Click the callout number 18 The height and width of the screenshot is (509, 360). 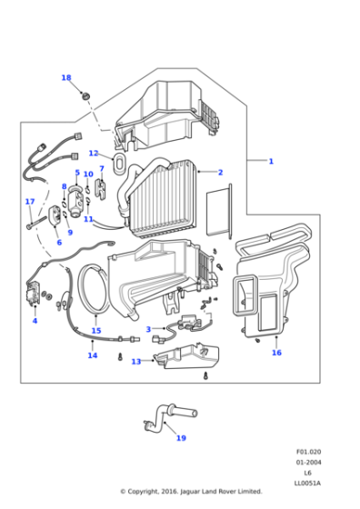pos(66,78)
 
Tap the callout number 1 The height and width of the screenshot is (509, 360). pos(271,161)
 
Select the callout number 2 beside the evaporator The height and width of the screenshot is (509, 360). pos(220,173)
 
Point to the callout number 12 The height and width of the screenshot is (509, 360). pos(94,154)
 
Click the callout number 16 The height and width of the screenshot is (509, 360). pos(276,353)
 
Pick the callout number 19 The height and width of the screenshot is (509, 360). pos(181,438)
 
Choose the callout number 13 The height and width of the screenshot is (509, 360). pos(136,362)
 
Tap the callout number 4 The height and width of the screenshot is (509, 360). pos(35,321)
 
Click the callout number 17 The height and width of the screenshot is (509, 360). pos(30,202)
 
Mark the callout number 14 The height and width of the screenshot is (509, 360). pos(93,355)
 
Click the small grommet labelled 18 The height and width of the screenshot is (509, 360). pos(85,96)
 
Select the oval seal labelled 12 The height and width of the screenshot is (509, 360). pos(119,163)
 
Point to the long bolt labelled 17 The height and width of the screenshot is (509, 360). pos(36,223)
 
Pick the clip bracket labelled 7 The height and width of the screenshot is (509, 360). pos(100,190)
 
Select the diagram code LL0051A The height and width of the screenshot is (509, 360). pos(307,484)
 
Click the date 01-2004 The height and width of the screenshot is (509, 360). pos(308,463)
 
